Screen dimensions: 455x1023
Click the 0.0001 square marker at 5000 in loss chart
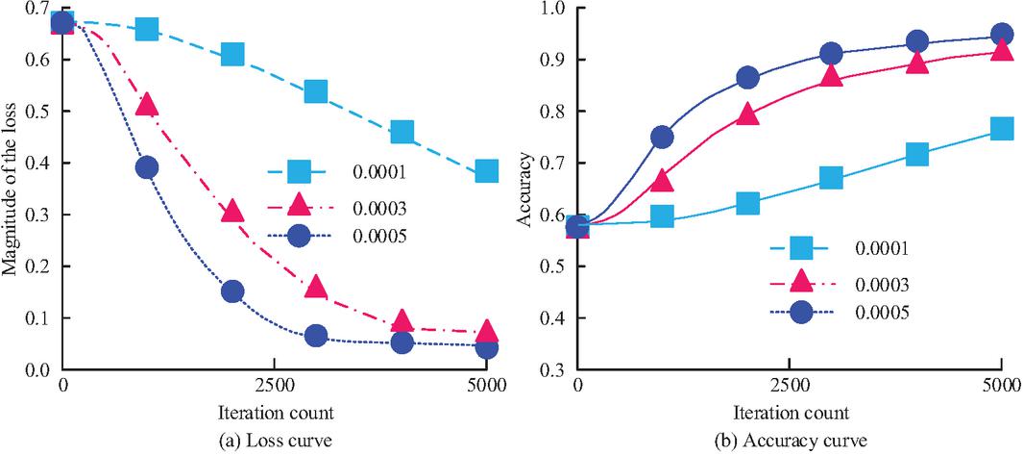487,171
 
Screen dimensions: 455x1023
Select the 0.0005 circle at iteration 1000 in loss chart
147,167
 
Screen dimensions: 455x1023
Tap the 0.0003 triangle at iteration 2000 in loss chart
231,211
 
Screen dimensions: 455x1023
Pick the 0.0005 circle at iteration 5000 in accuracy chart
1002,35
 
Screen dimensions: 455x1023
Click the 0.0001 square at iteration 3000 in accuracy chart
831,178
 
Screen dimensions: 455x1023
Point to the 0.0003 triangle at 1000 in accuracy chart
661,180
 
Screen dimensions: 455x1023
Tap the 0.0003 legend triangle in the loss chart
299,204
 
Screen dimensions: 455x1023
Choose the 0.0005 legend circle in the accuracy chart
800,313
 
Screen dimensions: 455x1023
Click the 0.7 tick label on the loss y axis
39,9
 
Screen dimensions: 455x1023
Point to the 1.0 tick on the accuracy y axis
553,9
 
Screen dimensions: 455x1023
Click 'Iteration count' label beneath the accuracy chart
790,414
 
